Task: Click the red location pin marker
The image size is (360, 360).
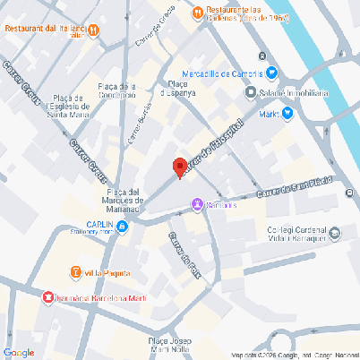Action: pyautogui.click(x=179, y=167)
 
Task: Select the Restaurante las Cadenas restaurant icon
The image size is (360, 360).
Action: pyautogui.click(x=196, y=12)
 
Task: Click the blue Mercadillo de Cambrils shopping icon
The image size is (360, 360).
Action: pyautogui.click(x=271, y=73)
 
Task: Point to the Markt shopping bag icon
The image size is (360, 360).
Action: pyautogui.click(x=287, y=113)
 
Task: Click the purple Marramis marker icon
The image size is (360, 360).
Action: pyautogui.click(x=196, y=205)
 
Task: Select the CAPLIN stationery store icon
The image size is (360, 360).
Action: pyautogui.click(x=122, y=226)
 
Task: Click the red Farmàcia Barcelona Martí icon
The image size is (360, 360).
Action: pyautogui.click(x=47, y=296)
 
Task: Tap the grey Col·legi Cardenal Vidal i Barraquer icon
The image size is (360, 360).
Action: pyautogui.click(x=334, y=234)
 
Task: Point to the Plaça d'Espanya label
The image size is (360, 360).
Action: pyautogui.click(x=177, y=88)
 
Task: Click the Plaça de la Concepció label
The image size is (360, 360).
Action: pyautogui.click(x=116, y=90)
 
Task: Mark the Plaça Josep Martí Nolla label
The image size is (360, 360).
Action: pyautogui.click(x=169, y=347)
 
